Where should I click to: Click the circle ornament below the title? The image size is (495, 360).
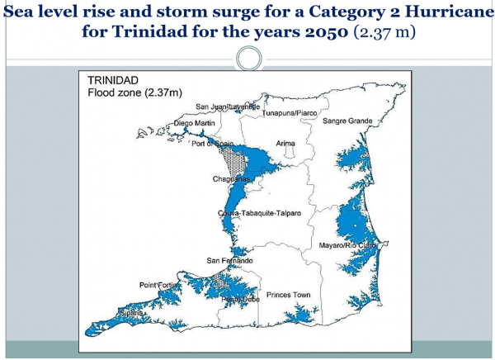coord(248,59)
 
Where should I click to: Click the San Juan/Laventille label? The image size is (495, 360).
coord(228,107)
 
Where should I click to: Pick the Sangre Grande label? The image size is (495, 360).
coord(348,121)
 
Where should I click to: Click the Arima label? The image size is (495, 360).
coord(285,143)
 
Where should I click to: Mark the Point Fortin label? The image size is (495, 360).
coord(160,284)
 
